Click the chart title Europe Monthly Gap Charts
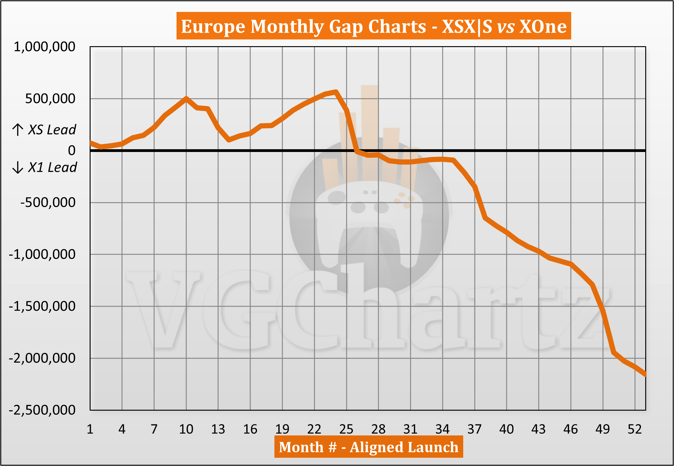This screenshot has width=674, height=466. tap(373, 26)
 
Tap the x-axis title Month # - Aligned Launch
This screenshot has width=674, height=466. tap(368, 447)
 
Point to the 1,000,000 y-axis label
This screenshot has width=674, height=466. tap(44, 47)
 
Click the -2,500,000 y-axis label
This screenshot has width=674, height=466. tap(42, 410)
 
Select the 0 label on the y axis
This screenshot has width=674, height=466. tap(71, 150)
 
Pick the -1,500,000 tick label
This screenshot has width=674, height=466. tap(42, 306)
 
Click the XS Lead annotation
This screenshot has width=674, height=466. tap(52, 130)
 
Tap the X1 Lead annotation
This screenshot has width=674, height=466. tap(52, 167)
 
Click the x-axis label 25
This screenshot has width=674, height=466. tap(346, 429)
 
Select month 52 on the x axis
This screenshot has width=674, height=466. tap(635, 429)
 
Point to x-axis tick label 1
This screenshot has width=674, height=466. tap(90, 429)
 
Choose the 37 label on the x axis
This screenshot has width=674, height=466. tap(474, 429)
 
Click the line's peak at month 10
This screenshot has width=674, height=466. tap(186, 98)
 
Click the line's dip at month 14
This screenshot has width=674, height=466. tap(229, 140)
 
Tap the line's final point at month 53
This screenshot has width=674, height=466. tap(645, 375)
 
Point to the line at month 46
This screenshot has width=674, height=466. tap(571, 264)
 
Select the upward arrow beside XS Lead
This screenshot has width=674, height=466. tap(18, 130)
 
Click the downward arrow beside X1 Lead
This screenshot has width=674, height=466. tap(18, 167)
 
